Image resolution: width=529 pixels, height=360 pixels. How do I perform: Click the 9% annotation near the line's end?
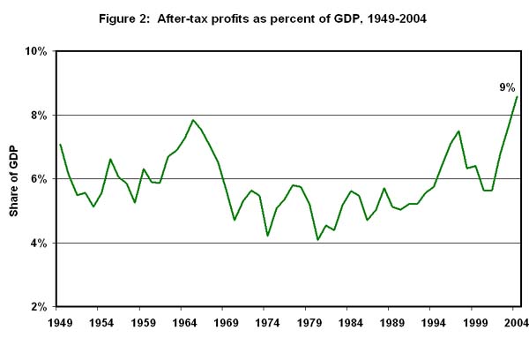click(509, 86)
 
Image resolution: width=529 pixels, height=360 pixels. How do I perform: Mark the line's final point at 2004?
click(516, 97)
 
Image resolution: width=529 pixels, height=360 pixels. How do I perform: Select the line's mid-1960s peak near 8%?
click(192, 120)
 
